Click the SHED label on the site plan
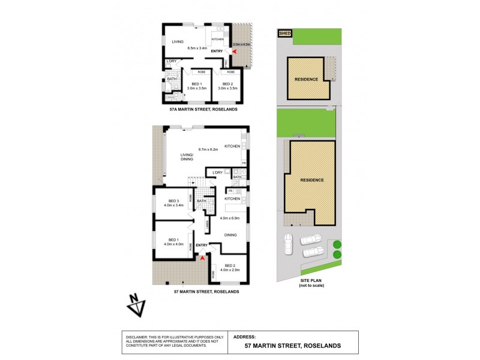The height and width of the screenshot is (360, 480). [284, 34]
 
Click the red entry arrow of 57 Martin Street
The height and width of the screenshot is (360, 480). [202, 258]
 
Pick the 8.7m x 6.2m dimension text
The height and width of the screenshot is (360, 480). [208, 149]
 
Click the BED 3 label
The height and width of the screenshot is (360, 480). [173, 200]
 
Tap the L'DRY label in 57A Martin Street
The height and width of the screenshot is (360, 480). [172, 61]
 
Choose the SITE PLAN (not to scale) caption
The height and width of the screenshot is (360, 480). [311, 283]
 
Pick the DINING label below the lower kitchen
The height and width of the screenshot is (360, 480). [230, 235]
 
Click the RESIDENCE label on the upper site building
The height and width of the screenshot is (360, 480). [306, 79]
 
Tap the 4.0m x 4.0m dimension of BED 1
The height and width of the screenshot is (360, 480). [173, 244]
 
